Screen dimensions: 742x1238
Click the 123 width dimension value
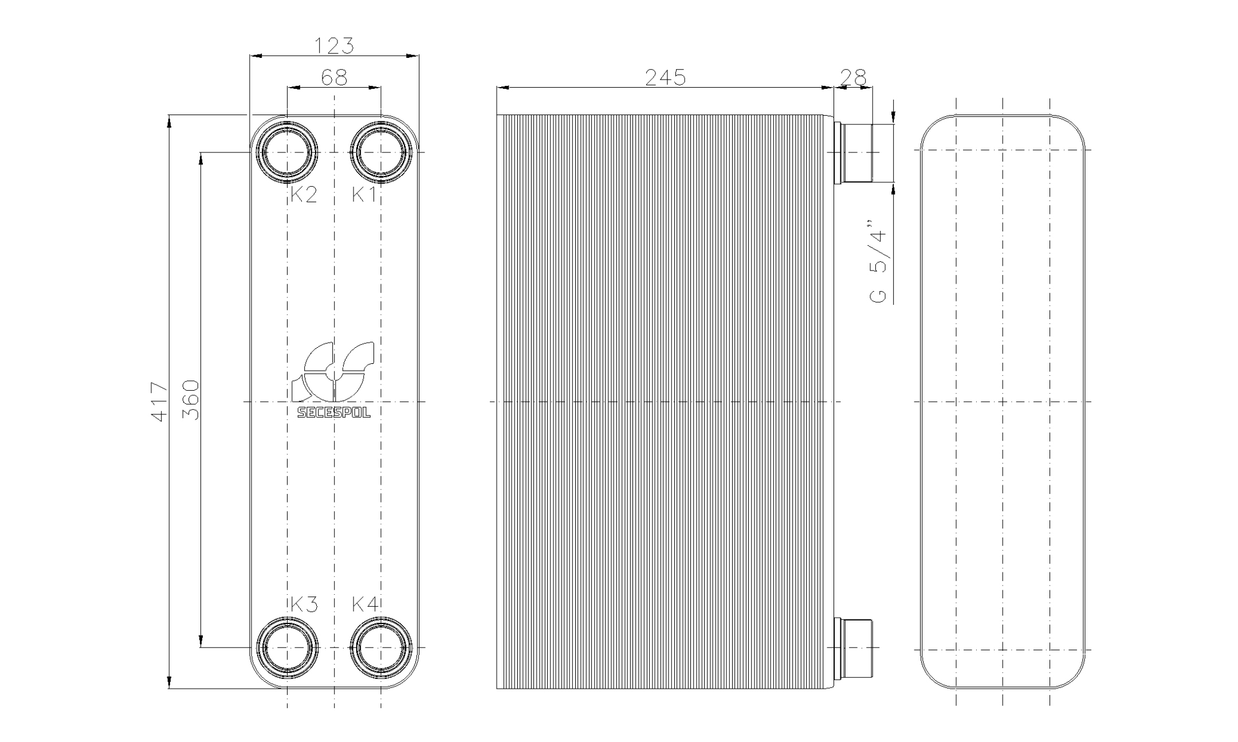(335, 45)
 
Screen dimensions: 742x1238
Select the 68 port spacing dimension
(334, 77)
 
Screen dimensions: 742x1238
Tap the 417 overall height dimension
(159, 402)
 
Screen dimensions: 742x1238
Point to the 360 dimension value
(192, 400)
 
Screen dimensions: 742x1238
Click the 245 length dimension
(665, 77)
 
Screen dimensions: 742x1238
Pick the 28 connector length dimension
(853, 77)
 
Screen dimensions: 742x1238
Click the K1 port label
(364, 195)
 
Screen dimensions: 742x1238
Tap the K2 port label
(303, 195)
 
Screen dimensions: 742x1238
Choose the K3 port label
(303, 604)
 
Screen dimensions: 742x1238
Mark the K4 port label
(364, 604)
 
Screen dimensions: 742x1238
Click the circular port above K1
(381, 152)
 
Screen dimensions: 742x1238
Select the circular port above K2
(287, 152)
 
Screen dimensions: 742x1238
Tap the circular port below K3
(287, 648)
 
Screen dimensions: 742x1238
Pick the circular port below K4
(381, 648)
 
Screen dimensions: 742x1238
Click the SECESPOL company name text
(334, 413)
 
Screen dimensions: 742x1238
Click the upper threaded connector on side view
(855, 152)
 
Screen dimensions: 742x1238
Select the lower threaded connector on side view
(855, 648)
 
